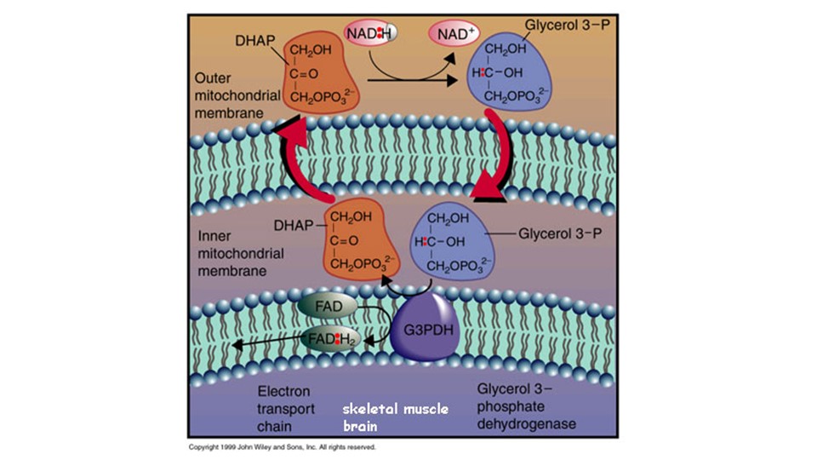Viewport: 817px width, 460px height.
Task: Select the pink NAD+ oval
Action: (457, 35)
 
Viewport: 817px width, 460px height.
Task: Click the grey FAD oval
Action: (326, 305)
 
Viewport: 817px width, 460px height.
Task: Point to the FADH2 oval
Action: (333, 339)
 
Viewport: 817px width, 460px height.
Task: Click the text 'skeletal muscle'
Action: (396, 410)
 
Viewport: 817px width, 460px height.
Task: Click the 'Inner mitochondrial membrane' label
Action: (239, 253)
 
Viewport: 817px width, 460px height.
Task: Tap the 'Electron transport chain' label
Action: (286, 408)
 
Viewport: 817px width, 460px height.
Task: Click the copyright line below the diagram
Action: (281, 446)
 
